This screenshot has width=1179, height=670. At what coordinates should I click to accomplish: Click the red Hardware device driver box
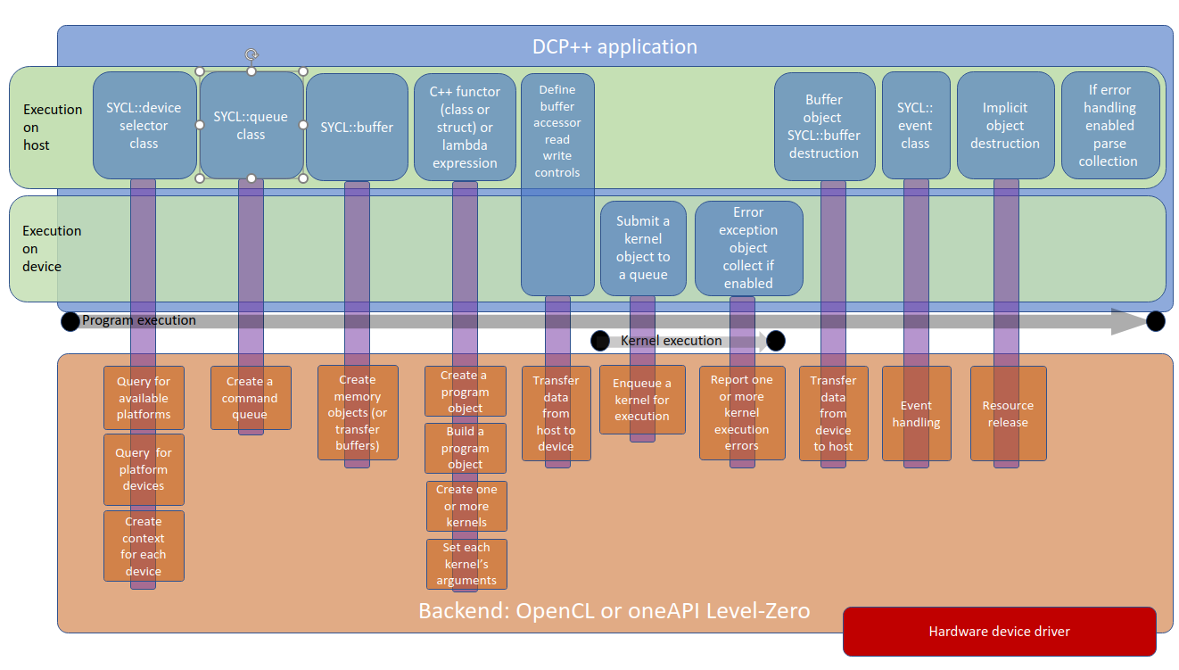tap(999, 632)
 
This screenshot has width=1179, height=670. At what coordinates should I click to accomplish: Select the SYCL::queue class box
tap(251, 126)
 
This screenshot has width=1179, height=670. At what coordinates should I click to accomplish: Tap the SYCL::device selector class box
tap(144, 126)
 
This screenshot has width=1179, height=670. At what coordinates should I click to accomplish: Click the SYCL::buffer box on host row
tap(357, 127)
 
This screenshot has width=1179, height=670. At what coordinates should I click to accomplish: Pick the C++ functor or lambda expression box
tap(464, 127)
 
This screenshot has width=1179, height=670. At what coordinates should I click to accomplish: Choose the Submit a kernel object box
tap(643, 248)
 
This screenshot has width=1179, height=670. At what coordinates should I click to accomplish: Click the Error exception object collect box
tap(748, 248)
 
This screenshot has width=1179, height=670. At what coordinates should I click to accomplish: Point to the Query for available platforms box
tap(144, 398)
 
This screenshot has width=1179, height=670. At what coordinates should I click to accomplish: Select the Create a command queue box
tap(251, 398)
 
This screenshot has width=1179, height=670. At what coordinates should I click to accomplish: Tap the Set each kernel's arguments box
tap(466, 564)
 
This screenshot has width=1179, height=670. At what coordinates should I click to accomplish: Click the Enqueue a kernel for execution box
tap(642, 400)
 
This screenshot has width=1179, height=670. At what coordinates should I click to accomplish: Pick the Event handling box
tap(916, 413)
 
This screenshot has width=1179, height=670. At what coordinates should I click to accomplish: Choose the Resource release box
tap(1008, 413)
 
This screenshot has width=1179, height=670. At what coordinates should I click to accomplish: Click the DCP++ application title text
tap(614, 46)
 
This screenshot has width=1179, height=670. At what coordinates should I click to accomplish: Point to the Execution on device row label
tap(52, 248)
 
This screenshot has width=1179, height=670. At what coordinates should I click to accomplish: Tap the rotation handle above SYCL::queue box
tap(251, 54)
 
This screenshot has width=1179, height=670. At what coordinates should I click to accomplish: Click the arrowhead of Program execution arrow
tap(1127, 321)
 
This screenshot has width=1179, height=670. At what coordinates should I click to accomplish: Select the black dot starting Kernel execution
tap(600, 341)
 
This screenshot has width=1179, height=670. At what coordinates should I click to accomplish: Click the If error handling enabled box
tap(1109, 126)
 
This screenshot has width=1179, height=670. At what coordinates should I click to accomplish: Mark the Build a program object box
tap(466, 448)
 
